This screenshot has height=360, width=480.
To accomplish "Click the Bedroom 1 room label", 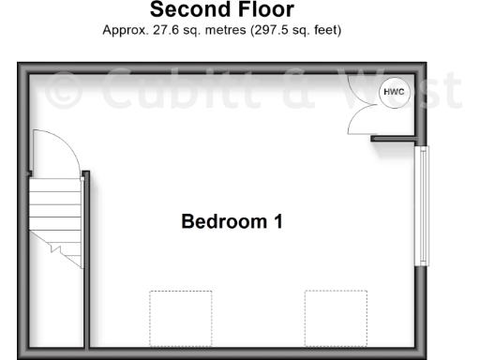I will pyautogui.click(x=232, y=222).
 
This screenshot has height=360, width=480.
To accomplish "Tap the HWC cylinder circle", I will pyautogui.click(x=391, y=92).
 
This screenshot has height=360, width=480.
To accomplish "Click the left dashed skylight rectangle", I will pyautogui.click(x=180, y=318).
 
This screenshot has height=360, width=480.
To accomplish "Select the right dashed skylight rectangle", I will pyautogui.click(x=335, y=318).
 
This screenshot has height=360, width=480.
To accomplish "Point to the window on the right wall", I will pyautogui.click(x=422, y=205).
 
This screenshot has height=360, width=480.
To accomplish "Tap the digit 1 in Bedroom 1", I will pyautogui.click(x=277, y=222).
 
